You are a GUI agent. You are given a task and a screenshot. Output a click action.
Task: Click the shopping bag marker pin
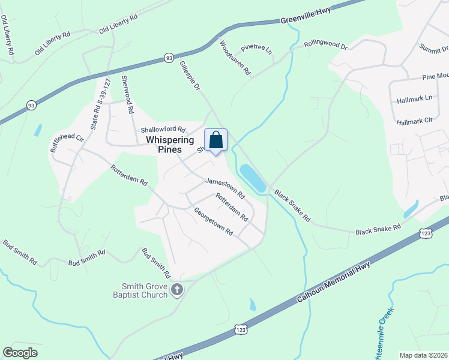tap(216, 141)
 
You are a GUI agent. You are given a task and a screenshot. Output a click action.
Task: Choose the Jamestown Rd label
tap(225, 188)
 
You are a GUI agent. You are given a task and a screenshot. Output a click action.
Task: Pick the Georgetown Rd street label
tap(213, 221)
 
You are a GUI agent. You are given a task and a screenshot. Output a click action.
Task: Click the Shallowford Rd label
tap(163, 129)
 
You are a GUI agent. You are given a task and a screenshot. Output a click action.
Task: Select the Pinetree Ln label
tap(256, 50)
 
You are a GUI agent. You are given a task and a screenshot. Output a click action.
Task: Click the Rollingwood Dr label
tap(325, 45)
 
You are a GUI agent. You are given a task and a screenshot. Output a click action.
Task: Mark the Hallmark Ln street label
tap(411, 98)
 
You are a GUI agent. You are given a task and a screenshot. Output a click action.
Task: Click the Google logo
tap(20, 353)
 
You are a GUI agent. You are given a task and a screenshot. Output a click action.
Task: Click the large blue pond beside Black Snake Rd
tap(253, 179)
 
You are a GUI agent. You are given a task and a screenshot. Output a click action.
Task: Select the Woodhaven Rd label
tap(235, 58)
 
